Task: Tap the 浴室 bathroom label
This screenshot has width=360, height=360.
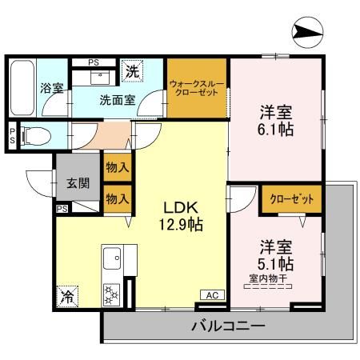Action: click(51, 88)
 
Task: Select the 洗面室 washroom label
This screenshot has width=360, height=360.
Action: click(117, 102)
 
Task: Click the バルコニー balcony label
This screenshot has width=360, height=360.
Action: click(228, 326)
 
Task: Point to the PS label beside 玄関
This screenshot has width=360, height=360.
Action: click(62, 208)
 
